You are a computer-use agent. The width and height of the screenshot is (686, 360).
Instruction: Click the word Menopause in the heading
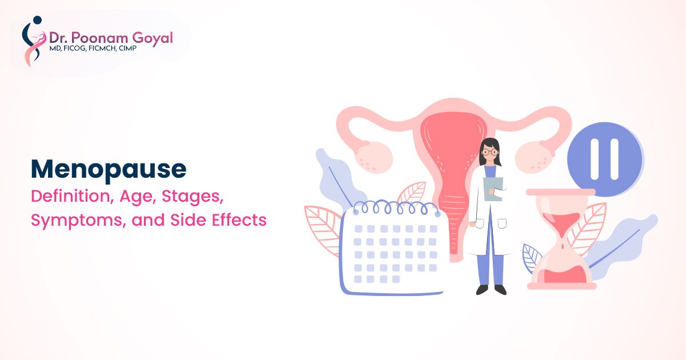click(109, 170)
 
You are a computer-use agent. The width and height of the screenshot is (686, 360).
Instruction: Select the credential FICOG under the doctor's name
click(72, 49)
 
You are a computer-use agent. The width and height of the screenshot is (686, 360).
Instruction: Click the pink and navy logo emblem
click(33, 41)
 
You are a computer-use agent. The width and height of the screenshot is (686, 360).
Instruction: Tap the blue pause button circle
click(605, 159)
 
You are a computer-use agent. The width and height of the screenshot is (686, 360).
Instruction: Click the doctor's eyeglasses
click(490, 152)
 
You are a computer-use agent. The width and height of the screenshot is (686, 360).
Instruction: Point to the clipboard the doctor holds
click(493, 189)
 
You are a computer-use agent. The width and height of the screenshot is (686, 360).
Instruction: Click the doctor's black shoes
click(491, 290)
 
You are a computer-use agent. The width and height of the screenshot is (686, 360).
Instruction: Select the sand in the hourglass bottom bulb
click(565, 275)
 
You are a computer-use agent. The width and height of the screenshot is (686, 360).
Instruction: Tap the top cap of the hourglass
click(561, 192)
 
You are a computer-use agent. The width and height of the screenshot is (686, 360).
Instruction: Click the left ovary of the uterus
click(373, 157)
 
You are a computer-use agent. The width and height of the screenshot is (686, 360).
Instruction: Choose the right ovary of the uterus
click(535, 157)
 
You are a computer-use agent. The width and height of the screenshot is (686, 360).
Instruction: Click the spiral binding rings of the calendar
click(397, 207)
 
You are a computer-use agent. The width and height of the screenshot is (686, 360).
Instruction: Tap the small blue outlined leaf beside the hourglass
click(532, 257)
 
